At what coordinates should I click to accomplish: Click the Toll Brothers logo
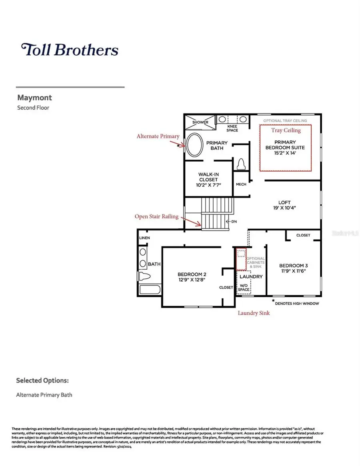(70, 50)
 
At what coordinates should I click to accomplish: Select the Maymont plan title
(34, 98)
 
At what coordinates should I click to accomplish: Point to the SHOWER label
(200, 122)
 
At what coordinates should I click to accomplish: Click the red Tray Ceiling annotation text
(286, 130)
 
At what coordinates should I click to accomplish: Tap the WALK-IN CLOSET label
(209, 177)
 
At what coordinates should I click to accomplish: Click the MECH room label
(241, 184)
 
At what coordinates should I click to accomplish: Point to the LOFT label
(284, 202)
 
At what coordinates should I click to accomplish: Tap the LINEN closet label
(144, 238)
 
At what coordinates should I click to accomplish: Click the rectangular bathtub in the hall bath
(150, 290)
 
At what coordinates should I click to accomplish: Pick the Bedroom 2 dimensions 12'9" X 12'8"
(192, 280)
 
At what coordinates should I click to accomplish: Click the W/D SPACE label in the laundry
(244, 288)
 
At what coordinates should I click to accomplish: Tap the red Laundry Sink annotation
(254, 313)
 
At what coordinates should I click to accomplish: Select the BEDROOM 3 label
(293, 266)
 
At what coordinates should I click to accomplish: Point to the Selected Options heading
(42, 380)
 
